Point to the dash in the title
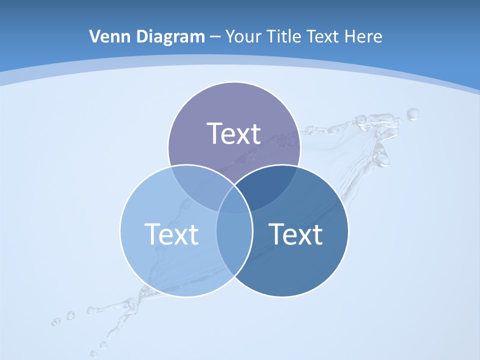[x=215, y=37]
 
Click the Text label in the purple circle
[x=234, y=133]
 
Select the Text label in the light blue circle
[x=171, y=234]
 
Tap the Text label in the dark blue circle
[x=296, y=234]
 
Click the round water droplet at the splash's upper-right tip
[x=413, y=114]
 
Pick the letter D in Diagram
[x=141, y=36]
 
